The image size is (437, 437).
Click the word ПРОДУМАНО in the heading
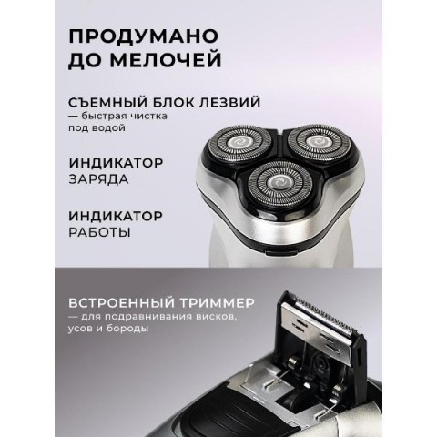[144, 36]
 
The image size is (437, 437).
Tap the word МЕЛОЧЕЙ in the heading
[166, 60]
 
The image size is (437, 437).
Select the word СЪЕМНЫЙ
[107, 102]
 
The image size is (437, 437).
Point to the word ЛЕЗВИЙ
[229, 102]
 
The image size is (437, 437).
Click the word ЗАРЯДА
[98, 179]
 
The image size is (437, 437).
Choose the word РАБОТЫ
[99, 232]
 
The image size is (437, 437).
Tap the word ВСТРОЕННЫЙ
[121, 303]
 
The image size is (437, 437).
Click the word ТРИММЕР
[217, 303]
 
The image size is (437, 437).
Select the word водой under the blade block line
[107, 127]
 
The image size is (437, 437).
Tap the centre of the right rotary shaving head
[320, 141]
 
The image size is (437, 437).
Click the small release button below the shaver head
[280, 251]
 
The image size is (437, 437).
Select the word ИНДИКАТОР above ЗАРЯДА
[116, 163]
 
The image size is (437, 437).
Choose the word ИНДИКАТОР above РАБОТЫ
[116, 217]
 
